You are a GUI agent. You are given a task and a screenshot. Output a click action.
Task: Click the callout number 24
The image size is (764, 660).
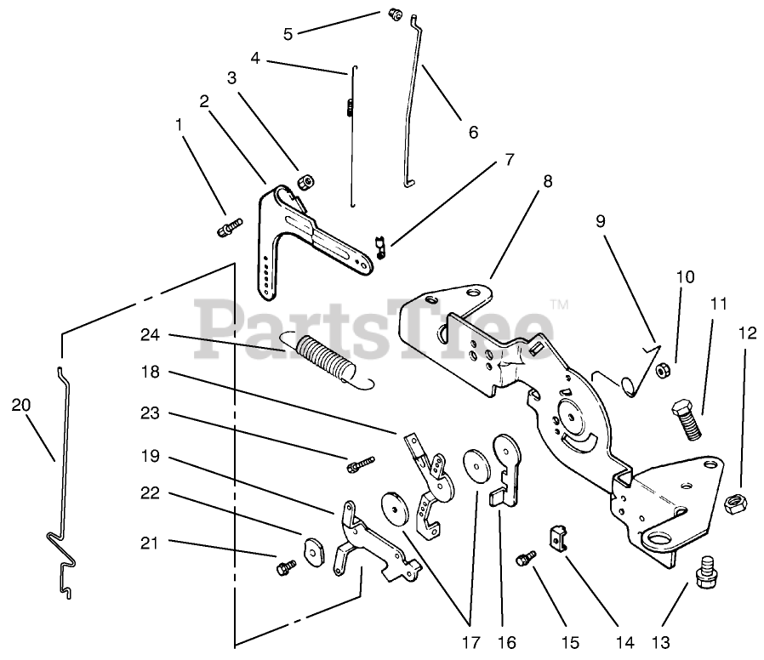point(151,335)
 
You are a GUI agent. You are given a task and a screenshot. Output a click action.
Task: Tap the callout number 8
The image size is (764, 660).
point(546,180)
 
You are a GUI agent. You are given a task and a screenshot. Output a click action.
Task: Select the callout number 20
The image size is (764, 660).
point(21,405)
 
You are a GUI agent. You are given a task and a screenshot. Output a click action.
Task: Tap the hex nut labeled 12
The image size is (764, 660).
point(735,504)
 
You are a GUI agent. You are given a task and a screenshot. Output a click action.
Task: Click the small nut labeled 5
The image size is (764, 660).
point(394,14)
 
